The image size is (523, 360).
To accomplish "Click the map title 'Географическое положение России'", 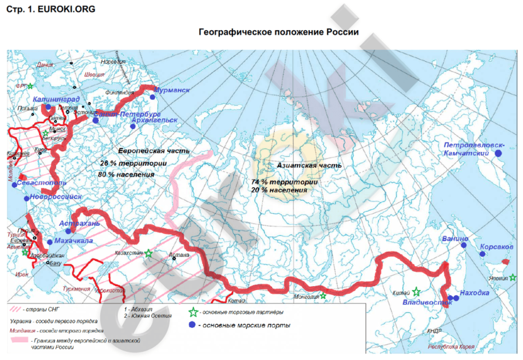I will point(279,32).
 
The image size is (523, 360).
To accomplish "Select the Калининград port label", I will point(57,99).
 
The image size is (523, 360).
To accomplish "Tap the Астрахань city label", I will point(79,223).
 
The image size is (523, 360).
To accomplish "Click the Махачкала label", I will point(74,240).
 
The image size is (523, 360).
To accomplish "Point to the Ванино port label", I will point(455,239).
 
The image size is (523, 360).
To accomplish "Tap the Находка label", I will point(475,293).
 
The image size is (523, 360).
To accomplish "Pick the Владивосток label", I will point(428,303).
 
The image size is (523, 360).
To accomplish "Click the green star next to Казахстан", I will point(149,253).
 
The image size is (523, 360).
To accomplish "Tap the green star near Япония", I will point(514,277).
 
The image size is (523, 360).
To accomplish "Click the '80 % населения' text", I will point(126,173).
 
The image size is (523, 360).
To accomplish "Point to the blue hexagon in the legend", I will point(192,325).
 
